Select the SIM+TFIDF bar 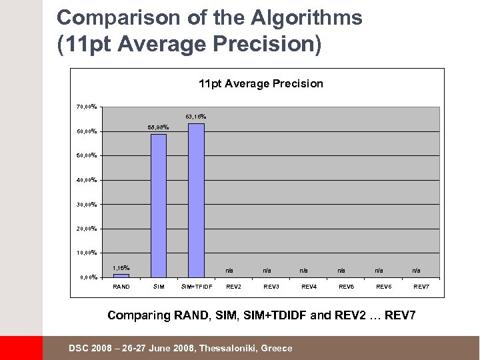[196, 200]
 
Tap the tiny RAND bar [121, 275]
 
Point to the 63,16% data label [196, 117]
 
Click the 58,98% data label [158, 127]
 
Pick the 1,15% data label [121, 267]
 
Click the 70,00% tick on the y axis [87, 106]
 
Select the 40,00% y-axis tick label [87, 179]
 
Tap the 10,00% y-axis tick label [87, 253]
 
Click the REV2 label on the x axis [234, 287]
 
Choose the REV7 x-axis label [421, 287]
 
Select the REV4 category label [309, 287]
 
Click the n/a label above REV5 [341, 270]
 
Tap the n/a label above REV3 [267, 270]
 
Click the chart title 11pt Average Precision [261, 83]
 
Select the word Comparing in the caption [139, 314]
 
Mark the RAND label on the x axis [121, 287]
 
